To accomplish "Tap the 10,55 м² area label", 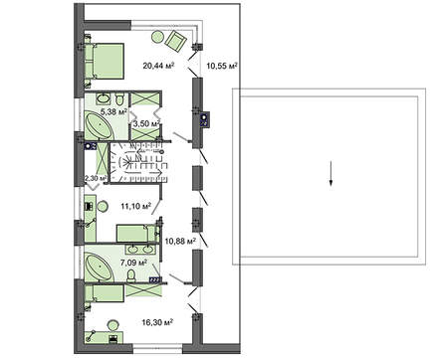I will [x=222, y=68].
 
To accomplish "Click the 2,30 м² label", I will [x=96, y=179].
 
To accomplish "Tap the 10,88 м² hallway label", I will [x=179, y=240].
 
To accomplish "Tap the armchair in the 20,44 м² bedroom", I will [x=176, y=41].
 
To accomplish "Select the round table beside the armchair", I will [x=157, y=36].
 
